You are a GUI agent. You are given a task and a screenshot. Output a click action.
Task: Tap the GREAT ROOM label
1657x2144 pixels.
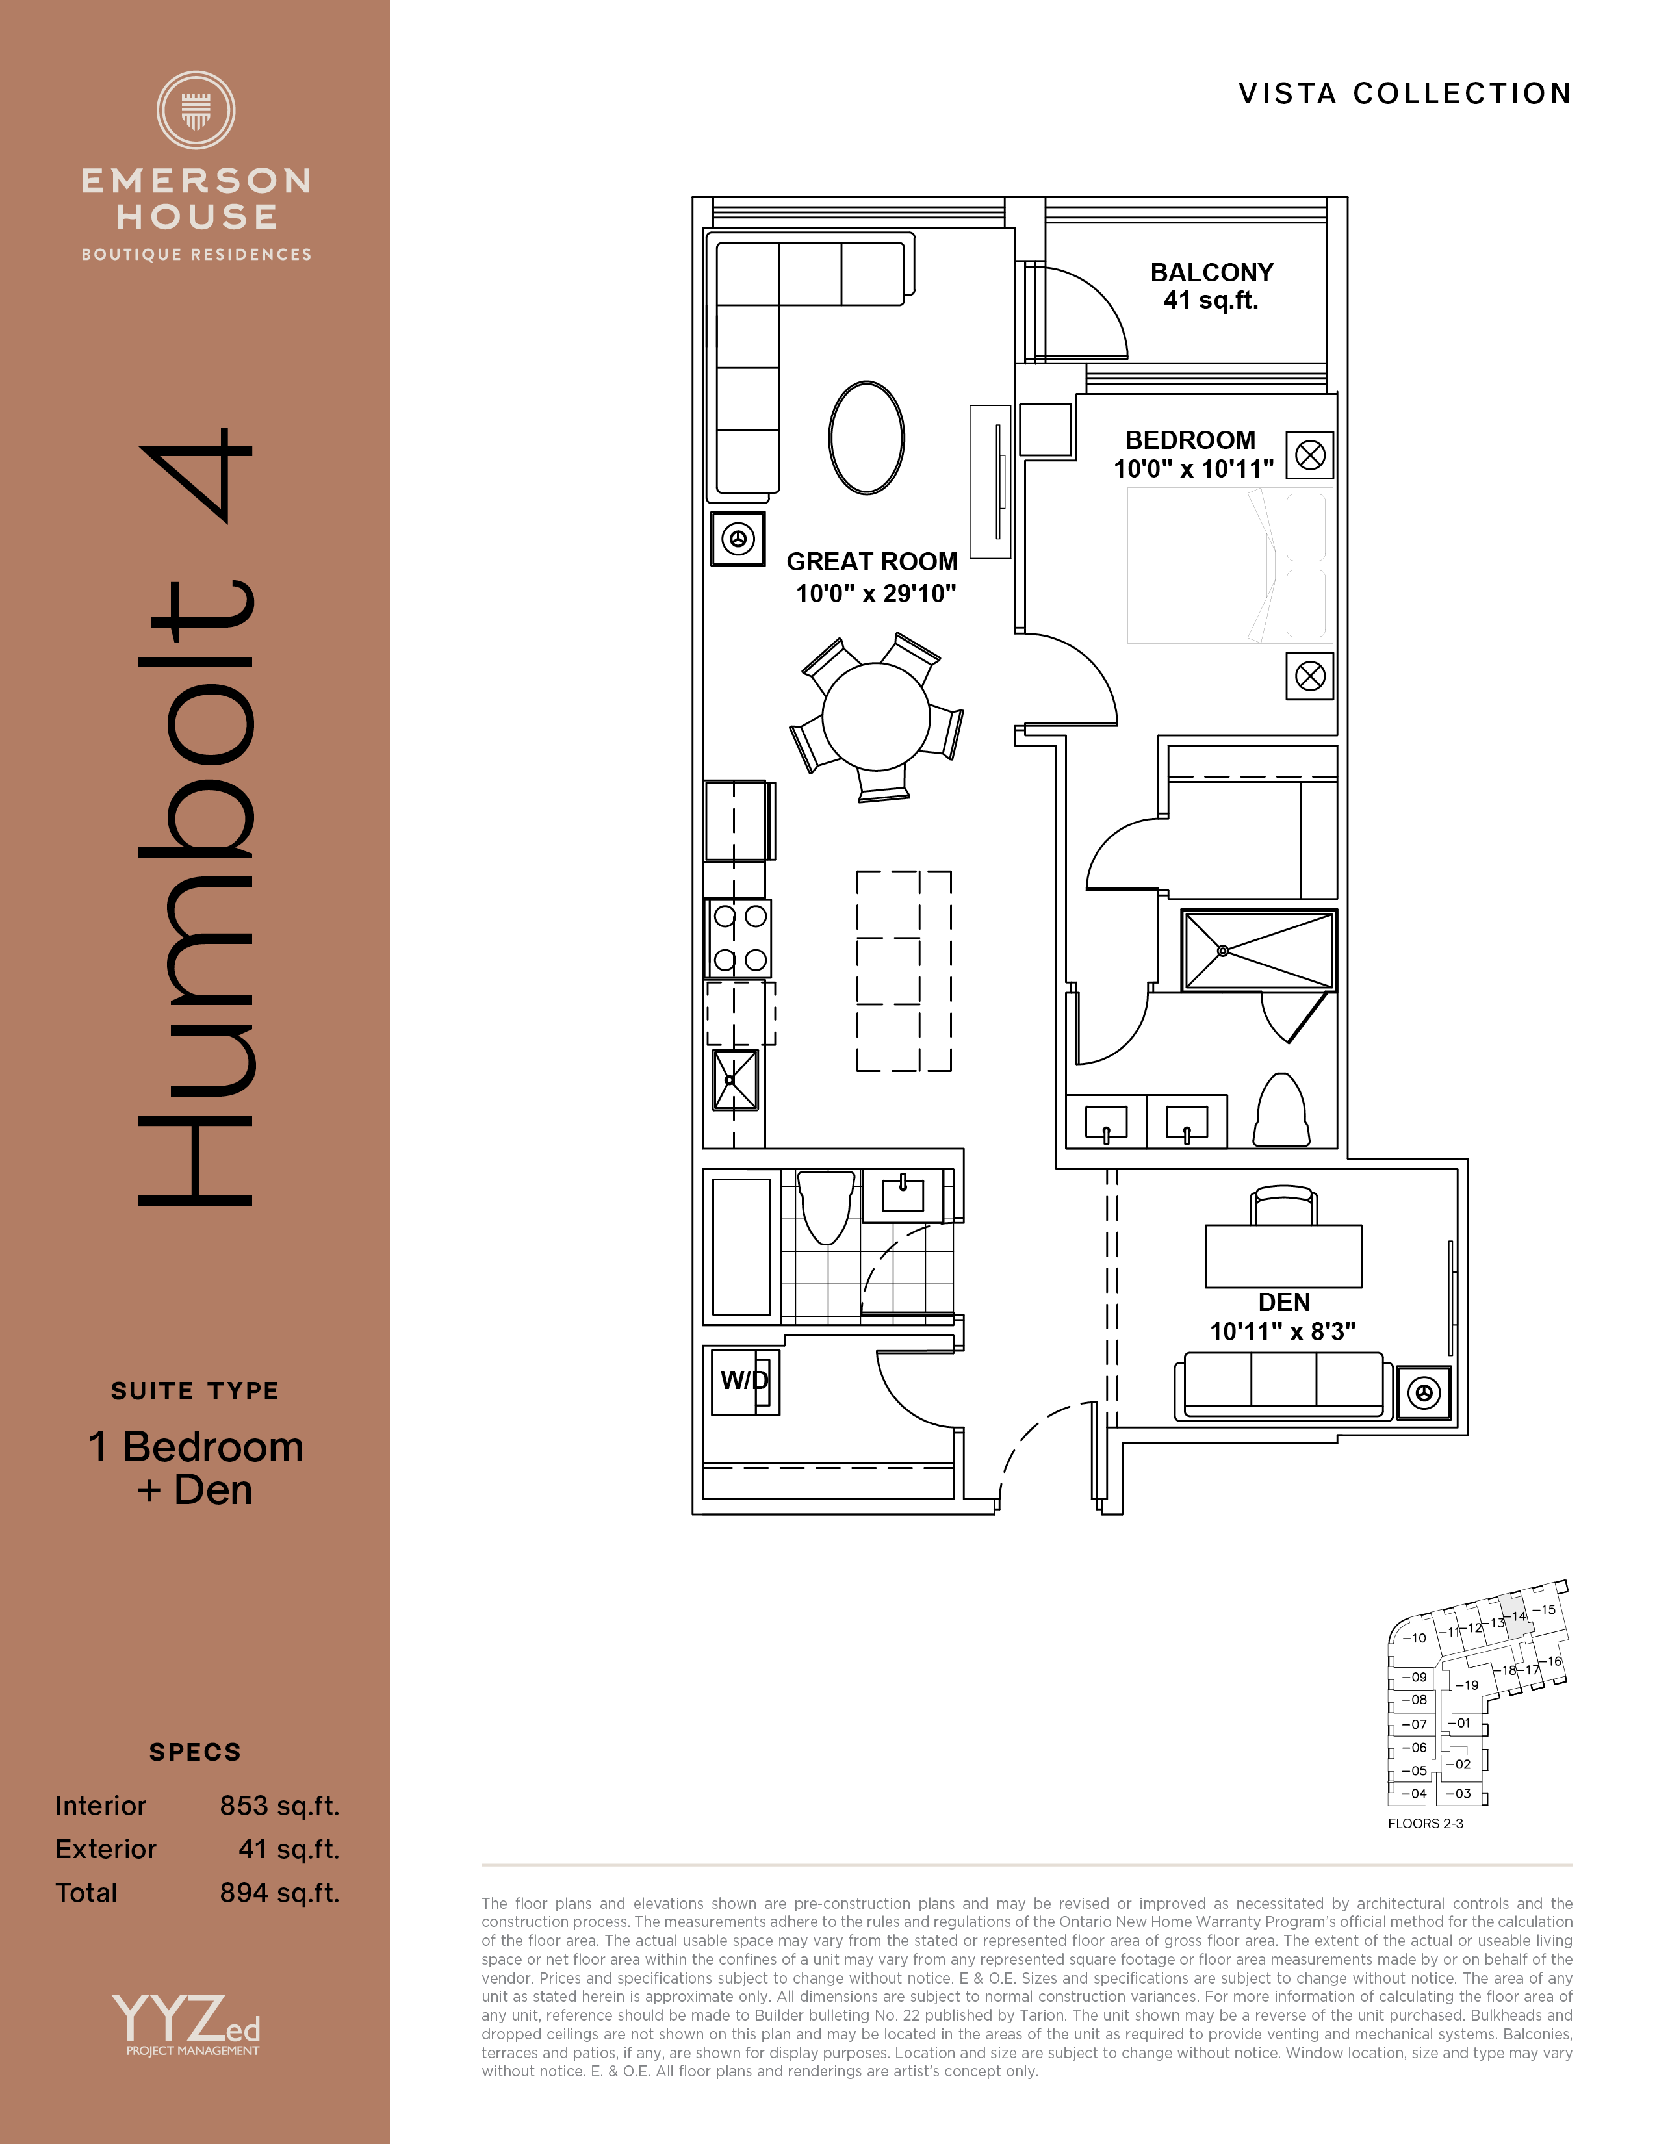(871, 561)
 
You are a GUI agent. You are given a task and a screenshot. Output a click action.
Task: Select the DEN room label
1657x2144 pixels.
(1284, 1303)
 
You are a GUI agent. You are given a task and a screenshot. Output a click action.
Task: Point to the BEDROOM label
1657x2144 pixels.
(1190, 440)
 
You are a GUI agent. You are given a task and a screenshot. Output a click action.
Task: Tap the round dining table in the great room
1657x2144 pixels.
(876, 717)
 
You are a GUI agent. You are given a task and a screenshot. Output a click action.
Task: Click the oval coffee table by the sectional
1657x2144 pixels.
(867, 438)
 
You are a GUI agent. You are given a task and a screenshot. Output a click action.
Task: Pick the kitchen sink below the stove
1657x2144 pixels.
(735, 1080)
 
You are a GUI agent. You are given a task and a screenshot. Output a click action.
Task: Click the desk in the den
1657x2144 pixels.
(1283, 1256)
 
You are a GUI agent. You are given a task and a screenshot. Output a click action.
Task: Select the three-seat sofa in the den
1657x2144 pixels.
(1283, 1386)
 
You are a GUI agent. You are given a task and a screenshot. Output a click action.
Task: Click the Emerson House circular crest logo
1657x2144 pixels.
(196, 110)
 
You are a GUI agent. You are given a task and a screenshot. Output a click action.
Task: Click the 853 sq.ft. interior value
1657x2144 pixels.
(280, 1806)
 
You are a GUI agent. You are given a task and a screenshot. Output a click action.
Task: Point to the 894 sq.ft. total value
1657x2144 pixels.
(280, 1893)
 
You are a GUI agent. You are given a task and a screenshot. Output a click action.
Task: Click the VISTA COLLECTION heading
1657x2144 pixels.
(1405, 94)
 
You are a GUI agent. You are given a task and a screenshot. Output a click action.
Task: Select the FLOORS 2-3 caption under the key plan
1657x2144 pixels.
(1425, 1823)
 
